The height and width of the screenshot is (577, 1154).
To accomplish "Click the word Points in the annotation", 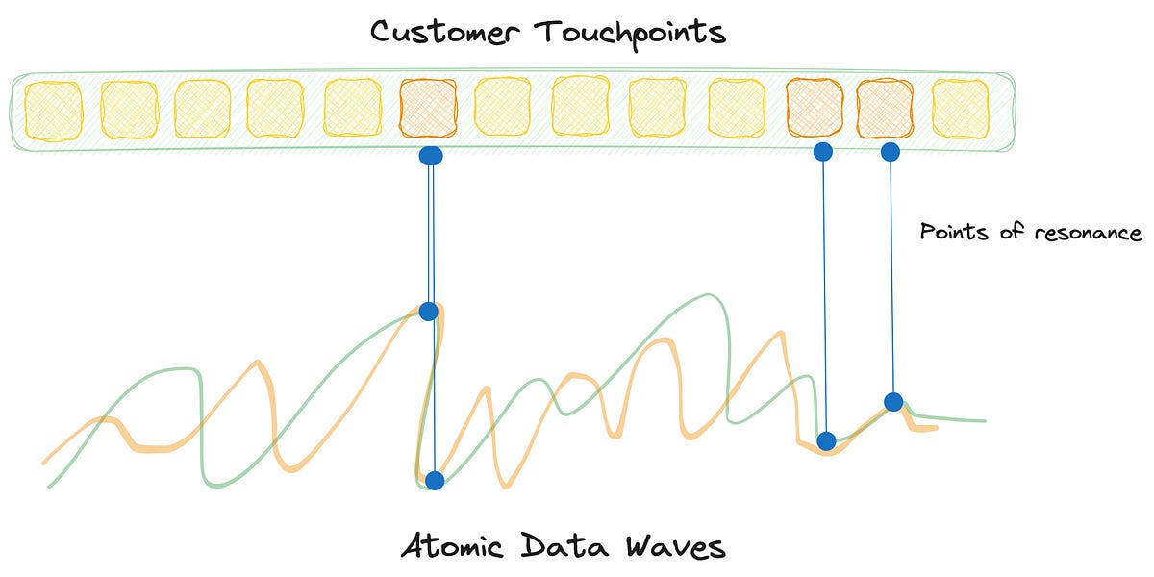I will coord(947,232).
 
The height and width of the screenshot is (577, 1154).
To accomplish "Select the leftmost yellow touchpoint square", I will coord(52,110).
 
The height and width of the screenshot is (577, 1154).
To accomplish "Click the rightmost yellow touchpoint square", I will coord(960,109).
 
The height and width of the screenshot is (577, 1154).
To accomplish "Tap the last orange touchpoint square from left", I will coord(885,109).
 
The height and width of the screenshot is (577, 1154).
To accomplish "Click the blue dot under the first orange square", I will coord(431,155).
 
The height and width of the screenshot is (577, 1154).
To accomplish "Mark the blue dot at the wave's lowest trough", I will coord(435,480).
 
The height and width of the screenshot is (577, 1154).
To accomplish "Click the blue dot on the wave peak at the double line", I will coord(429,311).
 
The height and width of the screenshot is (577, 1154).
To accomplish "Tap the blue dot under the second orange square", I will coord(822,151).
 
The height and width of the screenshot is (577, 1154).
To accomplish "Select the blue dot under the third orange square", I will coord(890,151).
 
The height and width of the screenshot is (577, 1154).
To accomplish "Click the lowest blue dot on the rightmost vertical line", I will coord(893,401).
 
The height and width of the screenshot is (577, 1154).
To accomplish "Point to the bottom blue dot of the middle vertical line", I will coord(825,441).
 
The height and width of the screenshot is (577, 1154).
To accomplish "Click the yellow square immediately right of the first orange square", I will coord(503,110).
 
